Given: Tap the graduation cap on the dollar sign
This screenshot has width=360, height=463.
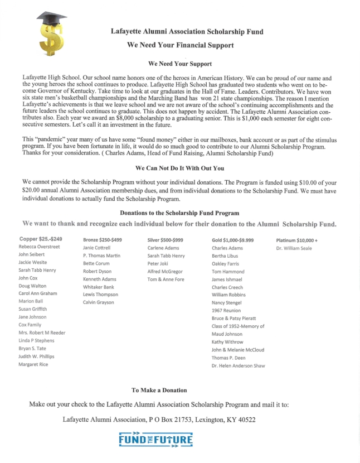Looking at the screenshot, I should pyautogui.click(x=52, y=21).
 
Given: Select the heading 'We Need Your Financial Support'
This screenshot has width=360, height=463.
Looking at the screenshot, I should pyautogui.click(x=180, y=45).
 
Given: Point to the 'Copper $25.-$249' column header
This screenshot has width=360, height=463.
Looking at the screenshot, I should pyautogui.click(x=40, y=239).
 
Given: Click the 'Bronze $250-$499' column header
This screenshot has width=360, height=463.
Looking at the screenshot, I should pyautogui.click(x=102, y=239).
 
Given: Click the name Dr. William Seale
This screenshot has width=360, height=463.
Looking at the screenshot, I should pyautogui.click(x=294, y=248).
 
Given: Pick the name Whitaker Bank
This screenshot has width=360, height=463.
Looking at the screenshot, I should pyautogui.click(x=98, y=286).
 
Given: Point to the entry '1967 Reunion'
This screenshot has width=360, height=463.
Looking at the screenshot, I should pyautogui.click(x=226, y=310).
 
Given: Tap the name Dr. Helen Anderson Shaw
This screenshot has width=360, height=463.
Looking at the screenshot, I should pyautogui.click(x=239, y=365).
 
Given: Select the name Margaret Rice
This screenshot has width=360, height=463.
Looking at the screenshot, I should pyautogui.click(x=33, y=364).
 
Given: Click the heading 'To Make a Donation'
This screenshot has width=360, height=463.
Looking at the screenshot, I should pyautogui.click(x=159, y=390).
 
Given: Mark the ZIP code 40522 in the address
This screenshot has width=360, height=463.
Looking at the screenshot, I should pyautogui.click(x=245, y=419).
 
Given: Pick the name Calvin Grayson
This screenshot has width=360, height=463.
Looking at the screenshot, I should pyautogui.click(x=99, y=302).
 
